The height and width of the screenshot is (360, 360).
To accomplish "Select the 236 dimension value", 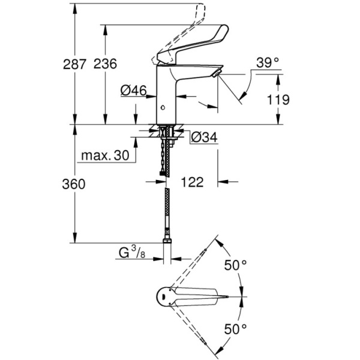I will (x=106, y=63).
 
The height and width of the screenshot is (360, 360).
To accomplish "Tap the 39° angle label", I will (x=268, y=62).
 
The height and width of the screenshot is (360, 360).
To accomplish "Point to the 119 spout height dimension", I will (x=278, y=100).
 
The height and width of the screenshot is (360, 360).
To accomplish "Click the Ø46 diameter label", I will (x=133, y=91).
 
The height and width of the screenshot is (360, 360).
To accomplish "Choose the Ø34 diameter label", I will (x=203, y=137).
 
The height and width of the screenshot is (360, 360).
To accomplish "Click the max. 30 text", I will (x=106, y=156).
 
